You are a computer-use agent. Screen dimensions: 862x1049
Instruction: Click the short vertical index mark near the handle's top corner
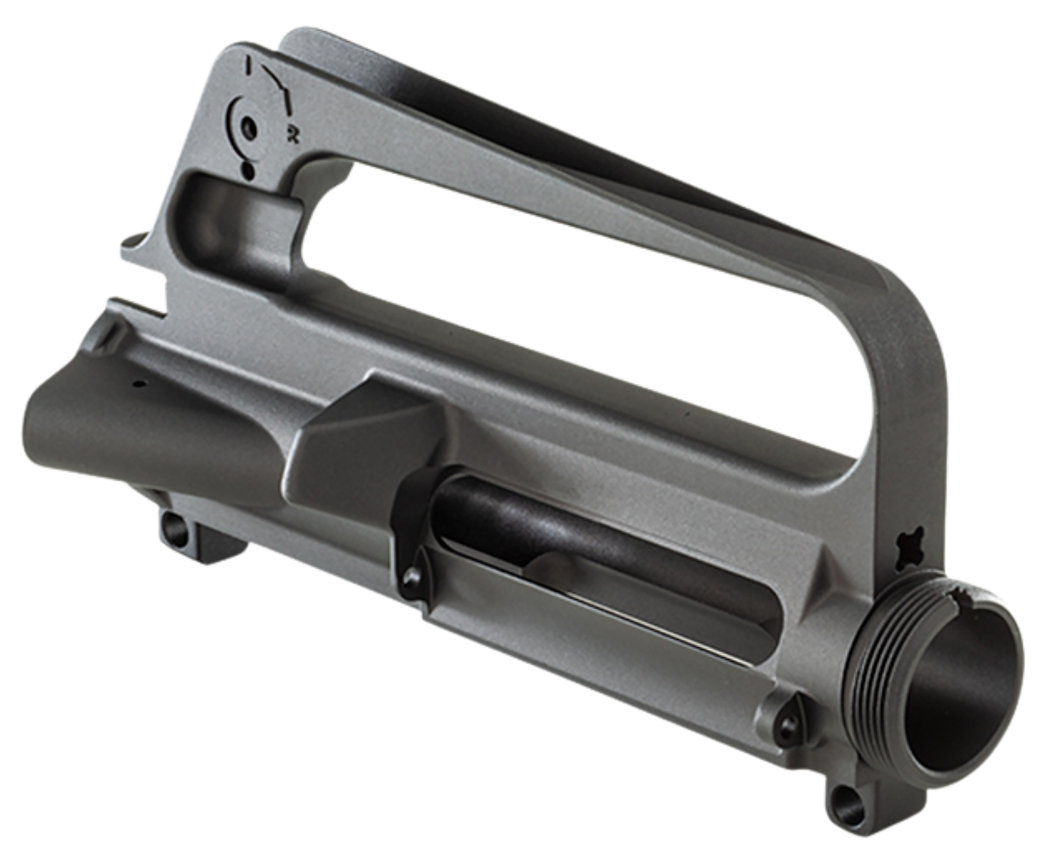click(248, 67)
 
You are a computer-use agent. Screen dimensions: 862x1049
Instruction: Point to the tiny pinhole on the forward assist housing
click(138, 384)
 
